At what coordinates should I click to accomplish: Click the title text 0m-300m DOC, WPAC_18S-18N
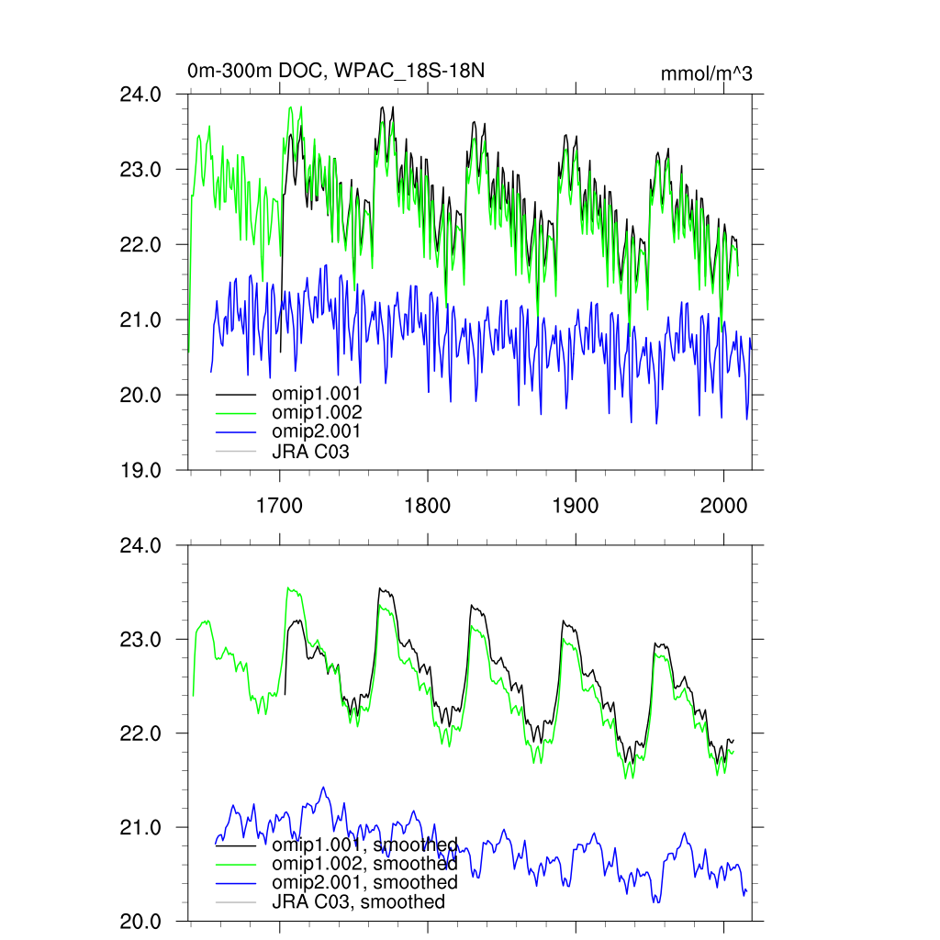point(335,72)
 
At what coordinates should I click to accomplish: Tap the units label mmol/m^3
point(706,74)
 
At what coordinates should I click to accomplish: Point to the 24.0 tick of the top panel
point(141,95)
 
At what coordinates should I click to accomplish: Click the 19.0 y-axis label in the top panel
point(141,470)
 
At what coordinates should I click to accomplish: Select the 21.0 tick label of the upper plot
point(141,320)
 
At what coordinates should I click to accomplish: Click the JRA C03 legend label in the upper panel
point(310,451)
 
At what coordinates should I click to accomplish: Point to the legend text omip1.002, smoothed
point(364,864)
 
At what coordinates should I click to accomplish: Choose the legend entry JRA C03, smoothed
point(358,902)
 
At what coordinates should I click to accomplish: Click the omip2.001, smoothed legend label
point(364,883)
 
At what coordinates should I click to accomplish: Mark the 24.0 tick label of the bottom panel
point(141,545)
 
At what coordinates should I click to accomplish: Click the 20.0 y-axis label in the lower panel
point(141,922)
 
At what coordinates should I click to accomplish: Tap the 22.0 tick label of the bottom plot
point(141,733)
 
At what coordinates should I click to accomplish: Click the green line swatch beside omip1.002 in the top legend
point(236,413)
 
